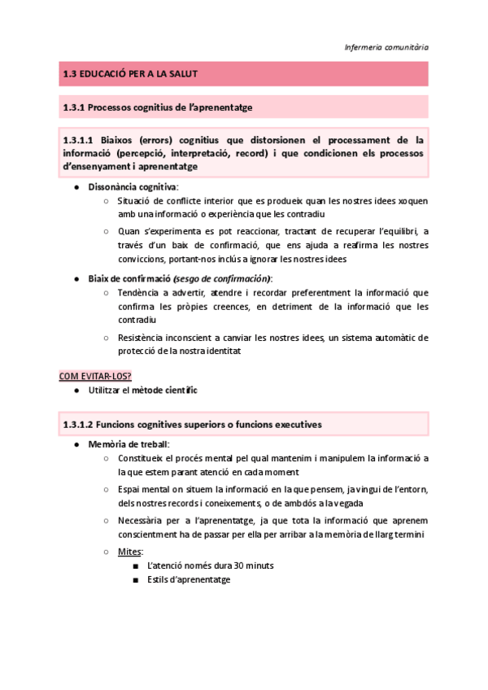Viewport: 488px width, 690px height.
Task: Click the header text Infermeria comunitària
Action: pyautogui.click(x=386, y=47)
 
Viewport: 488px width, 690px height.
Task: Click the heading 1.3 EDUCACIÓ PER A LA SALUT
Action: pyautogui.click(x=131, y=74)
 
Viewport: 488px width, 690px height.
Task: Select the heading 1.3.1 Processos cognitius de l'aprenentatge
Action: pyautogui.click(x=163, y=107)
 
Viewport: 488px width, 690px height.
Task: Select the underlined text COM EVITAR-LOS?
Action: pyautogui.click(x=95, y=375)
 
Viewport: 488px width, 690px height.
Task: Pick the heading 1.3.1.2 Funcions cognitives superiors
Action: pyautogui.click(x=192, y=425)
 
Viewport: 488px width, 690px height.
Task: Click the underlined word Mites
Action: pyautogui.click(x=129, y=551)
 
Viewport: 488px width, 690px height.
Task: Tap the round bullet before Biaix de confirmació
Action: pyautogui.click(x=76, y=278)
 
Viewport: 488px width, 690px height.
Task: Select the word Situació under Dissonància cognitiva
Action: pyautogui.click(x=136, y=200)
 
